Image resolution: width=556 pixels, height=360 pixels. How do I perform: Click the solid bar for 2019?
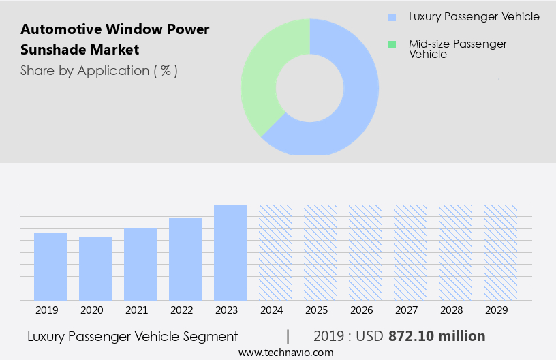click(50, 266)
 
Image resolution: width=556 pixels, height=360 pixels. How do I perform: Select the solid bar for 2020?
click(95, 268)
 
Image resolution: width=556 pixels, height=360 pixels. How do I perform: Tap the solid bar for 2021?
click(140, 263)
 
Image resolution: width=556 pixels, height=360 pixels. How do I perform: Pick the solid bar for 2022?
click(185, 258)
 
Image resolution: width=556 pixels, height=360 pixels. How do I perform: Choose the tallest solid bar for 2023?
click(230, 252)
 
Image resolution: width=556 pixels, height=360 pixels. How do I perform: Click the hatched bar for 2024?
click(275, 252)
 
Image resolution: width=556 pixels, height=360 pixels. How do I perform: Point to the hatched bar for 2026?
click(365, 252)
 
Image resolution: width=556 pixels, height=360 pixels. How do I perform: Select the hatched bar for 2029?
click(500, 252)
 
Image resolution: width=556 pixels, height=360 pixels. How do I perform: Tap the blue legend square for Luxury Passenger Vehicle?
click(392, 17)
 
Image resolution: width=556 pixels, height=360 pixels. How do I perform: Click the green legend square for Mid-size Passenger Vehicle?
click(392, 44)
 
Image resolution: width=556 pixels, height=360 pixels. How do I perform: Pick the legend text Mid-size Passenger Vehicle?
click(457, 48)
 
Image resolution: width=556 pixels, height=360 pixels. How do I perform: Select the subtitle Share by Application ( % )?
click(99, 70)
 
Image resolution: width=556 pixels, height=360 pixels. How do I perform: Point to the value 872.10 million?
click(437, 336)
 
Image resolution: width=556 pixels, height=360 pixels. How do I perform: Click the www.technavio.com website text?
click(286, 352)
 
